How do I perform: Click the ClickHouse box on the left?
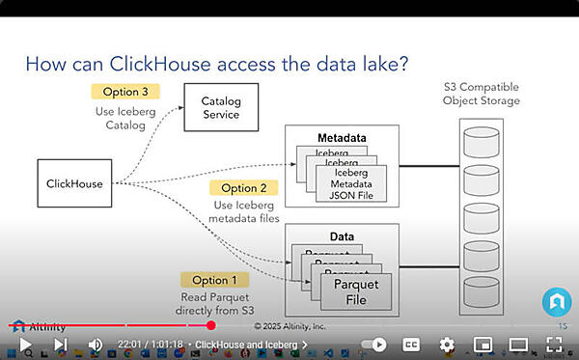point(74,183)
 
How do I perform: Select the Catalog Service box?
point(220,107)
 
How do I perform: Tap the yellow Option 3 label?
point(124,92)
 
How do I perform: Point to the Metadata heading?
point(342,138)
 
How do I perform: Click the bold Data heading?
point(342,235)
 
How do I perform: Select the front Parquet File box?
point(355,291)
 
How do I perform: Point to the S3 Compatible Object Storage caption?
point(482,94)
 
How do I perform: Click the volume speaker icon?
point(96,345)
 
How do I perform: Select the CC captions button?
point(410,345)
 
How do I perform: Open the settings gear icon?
point(447,345)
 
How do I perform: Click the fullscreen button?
point(555,345)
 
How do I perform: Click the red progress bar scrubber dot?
point(211,325)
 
